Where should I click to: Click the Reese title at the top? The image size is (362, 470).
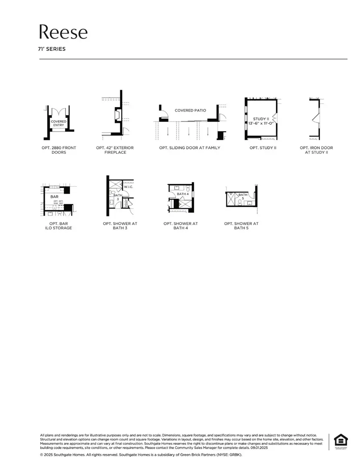(x=63, y=32)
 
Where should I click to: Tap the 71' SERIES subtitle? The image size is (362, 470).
(x=52, y=49)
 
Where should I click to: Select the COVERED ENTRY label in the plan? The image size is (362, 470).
(x=59, y=123)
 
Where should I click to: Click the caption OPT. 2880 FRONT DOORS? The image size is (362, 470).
(x=59, y=150)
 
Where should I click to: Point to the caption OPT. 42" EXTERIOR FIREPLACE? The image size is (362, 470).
(x=115, y=150)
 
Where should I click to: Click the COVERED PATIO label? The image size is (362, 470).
(x=190, y=110)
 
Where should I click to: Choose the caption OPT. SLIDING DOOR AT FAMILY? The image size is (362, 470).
(x=189, y=148)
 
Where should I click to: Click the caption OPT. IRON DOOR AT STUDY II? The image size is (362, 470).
(x=316, y=150)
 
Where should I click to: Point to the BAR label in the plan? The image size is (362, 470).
(x=54, y=197)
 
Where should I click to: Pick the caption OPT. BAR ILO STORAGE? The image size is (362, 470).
(x=59, y=226)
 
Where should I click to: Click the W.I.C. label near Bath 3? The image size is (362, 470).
(x=128, y=187)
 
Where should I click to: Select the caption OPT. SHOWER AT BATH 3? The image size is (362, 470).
(x=120, y=226)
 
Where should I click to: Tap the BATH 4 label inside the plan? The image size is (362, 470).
(x=183, y=194)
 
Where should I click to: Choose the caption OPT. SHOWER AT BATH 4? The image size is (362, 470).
(x=181, y=226)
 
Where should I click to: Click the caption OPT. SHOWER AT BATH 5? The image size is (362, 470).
(x=241, y=226)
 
